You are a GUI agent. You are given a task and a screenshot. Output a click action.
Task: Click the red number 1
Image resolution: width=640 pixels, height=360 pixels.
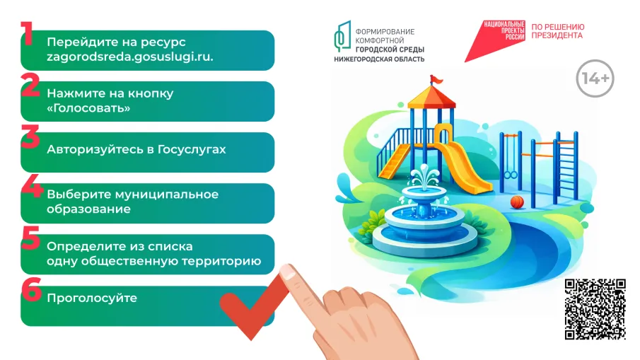point(28,33)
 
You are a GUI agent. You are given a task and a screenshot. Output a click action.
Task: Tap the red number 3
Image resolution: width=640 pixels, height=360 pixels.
point(30,136)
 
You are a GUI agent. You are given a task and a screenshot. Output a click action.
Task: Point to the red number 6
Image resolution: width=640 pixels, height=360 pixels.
point(30,289)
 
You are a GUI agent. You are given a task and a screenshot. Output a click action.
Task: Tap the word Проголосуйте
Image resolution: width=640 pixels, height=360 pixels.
point(91,298)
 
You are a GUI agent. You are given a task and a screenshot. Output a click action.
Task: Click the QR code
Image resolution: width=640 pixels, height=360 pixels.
point(595,309)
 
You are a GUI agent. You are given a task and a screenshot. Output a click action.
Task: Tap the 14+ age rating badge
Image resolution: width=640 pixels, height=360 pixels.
point(595,79)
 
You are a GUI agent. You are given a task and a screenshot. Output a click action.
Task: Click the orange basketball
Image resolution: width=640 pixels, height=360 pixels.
point(517,202)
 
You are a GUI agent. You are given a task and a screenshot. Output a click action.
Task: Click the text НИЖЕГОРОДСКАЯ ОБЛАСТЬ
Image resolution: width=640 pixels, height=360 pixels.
point(379,59)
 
